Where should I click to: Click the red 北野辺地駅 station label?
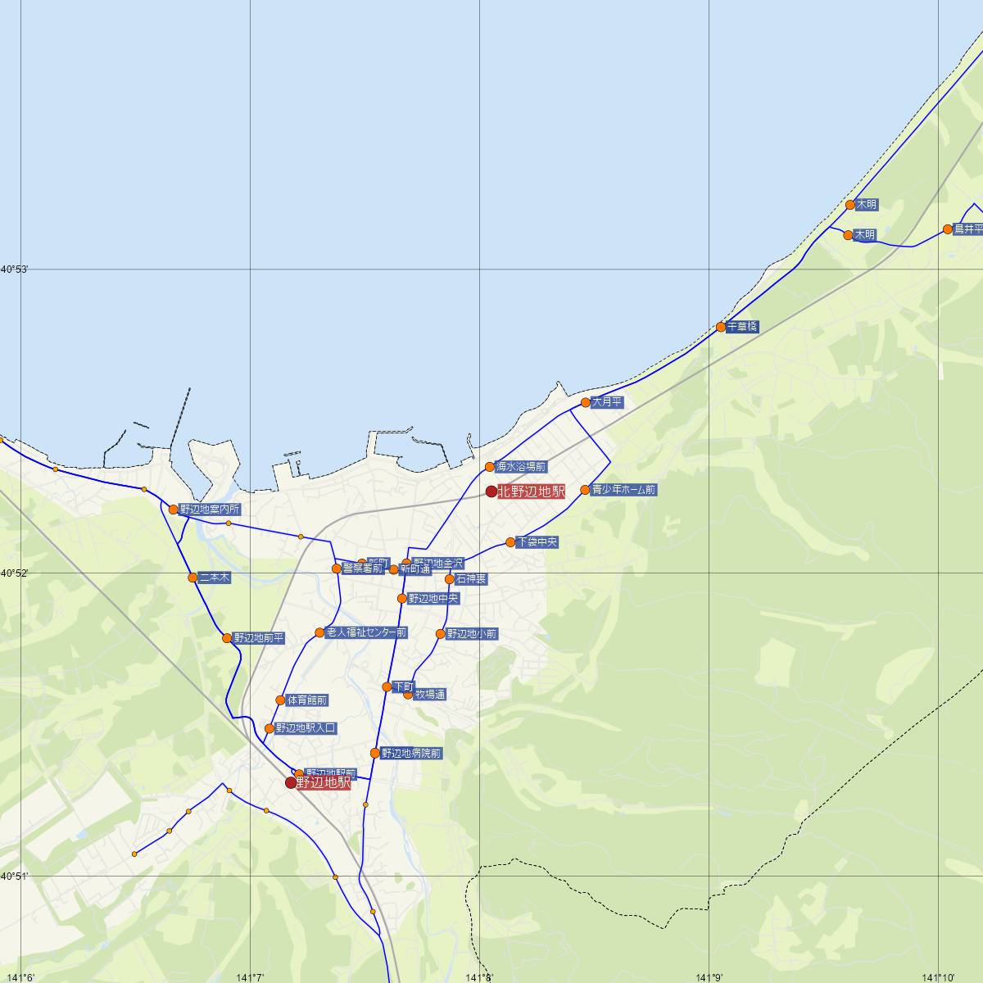point(531,491)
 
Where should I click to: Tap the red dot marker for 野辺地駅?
point(291,782)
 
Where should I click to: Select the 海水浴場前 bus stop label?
point(521,467)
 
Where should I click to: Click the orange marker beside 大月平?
point(586,402)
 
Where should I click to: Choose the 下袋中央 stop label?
point(537,542)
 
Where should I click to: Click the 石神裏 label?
point(471,579)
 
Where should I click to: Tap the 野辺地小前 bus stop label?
point(472,634)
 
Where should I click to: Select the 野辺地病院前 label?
point(411,753)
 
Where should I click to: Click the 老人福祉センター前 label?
point(366,632)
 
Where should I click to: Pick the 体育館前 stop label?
point(307,700)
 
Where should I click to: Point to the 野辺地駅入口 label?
point(306,727)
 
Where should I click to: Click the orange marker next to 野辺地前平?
point(227,638)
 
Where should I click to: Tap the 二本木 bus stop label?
point(215,578)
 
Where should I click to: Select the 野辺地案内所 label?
point(211,510)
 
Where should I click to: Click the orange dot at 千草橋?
point(721,327)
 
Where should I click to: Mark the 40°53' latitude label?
point(15,269)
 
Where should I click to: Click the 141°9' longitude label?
point(709,976)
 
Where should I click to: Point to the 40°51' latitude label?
point(15,876)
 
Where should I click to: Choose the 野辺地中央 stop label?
point(433,599)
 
